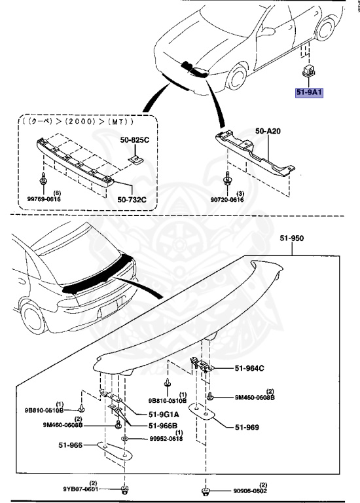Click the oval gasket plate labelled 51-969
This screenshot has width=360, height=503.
pyautogui.click(x=204, y=413)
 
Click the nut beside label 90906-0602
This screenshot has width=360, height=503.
pyautogui.click(x=204, y=490)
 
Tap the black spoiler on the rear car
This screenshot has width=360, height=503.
pyautogui.click(x=92, y=278)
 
